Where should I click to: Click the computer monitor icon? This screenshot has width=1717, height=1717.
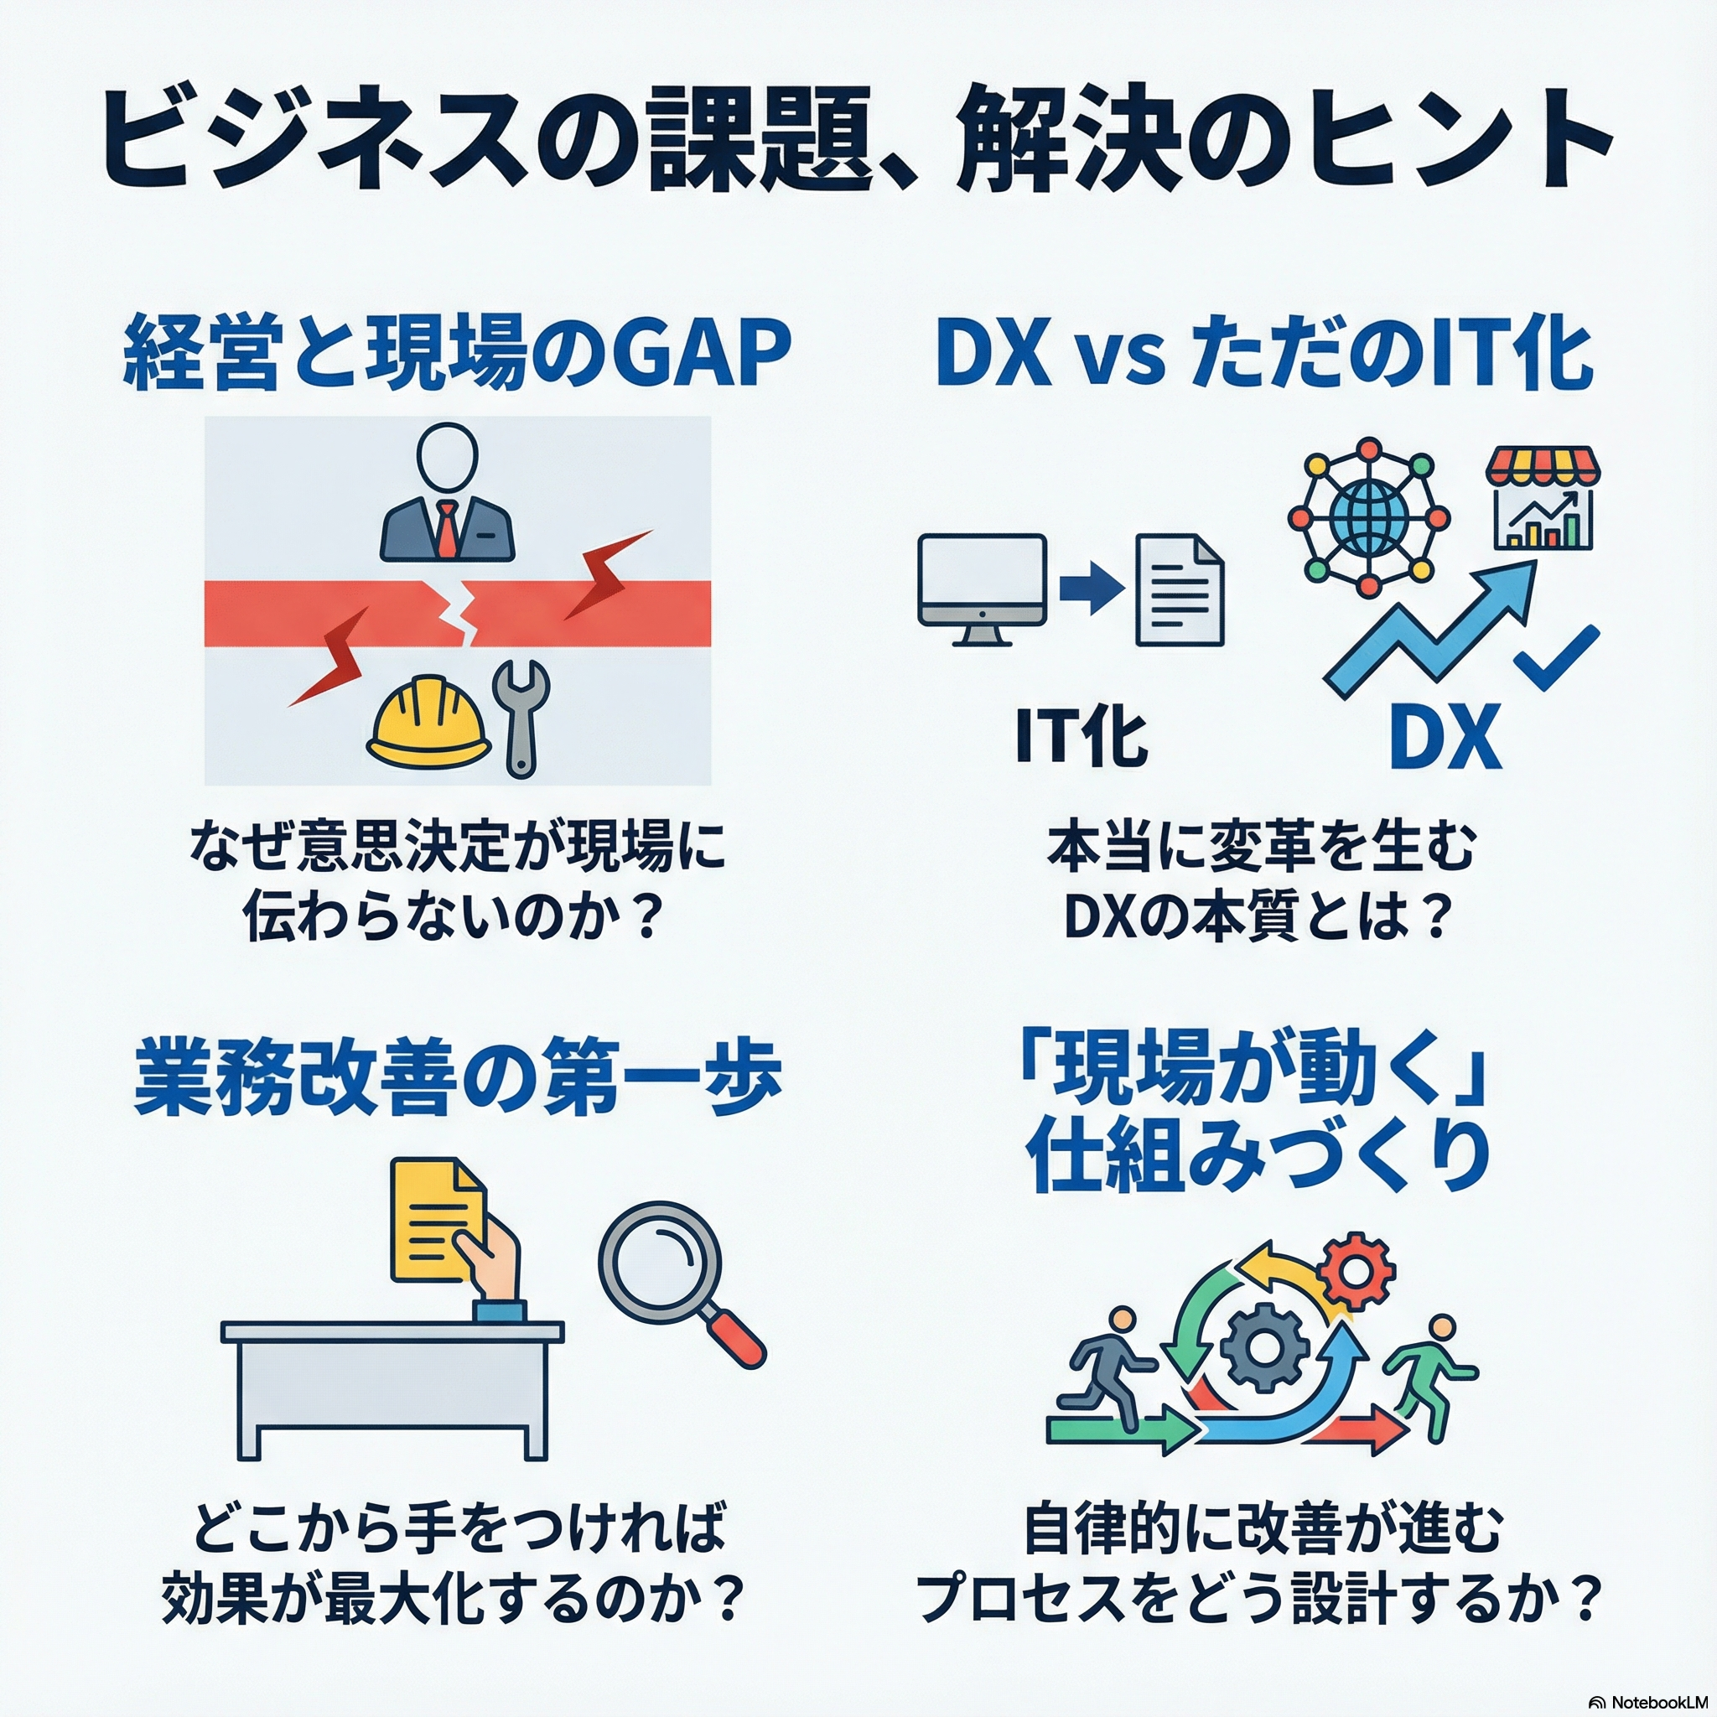tap(981, 587)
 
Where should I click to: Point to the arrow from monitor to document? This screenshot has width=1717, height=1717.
tap(1092, 590)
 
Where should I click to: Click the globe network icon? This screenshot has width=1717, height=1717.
tap(1368, 516)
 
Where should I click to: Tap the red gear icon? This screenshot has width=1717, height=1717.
tap(1356, 1272)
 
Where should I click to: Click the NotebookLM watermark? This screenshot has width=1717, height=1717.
tap(1649, 1702)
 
